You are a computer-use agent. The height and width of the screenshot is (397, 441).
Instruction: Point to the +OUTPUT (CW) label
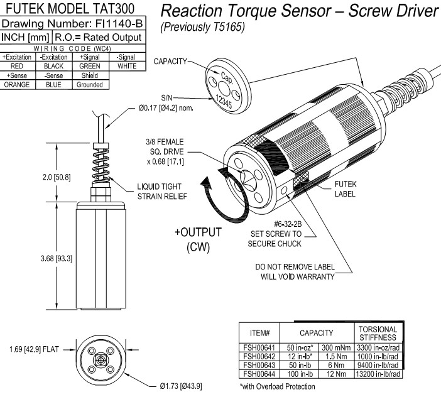[198, 239]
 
